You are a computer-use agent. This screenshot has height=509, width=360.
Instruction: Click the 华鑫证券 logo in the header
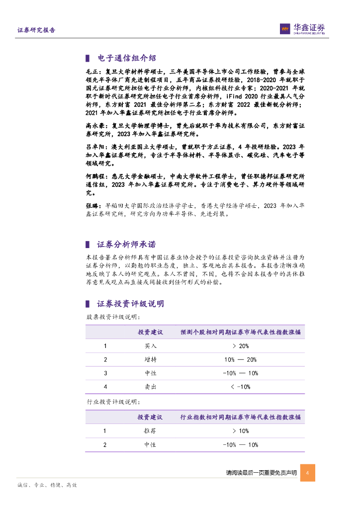[302, 29]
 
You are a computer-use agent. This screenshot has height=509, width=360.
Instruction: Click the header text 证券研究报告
[36, 30]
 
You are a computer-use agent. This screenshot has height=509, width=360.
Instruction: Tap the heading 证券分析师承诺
[126, 244]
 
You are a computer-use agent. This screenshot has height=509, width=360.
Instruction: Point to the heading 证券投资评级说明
[130, 304]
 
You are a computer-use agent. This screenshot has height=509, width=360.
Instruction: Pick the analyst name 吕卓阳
[94, 148]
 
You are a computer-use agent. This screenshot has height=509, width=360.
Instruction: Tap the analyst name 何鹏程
[94, 176]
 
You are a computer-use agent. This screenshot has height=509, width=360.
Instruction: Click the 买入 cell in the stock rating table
[150, 346]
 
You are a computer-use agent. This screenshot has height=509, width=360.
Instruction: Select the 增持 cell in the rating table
[150, 360]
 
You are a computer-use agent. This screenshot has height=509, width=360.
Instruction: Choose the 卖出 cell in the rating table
[150, 387]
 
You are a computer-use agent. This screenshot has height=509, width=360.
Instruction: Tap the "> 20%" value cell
[240, 346]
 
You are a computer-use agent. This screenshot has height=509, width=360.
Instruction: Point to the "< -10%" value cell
[240, 387]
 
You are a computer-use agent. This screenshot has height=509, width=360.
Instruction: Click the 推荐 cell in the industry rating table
[150, 431]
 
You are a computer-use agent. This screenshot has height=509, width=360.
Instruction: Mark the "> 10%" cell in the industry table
[240, 431]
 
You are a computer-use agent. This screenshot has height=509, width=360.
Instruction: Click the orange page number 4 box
[307, 473]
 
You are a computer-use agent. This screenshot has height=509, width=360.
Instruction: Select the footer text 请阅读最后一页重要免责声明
[261, 473]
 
